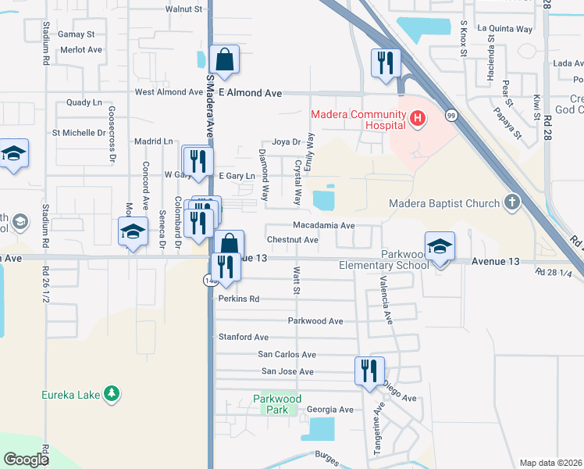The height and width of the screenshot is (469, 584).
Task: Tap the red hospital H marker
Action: pos(418,120)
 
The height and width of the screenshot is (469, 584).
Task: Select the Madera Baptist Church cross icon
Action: pos(511,204)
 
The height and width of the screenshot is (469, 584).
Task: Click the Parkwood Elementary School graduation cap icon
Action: pos(440,245)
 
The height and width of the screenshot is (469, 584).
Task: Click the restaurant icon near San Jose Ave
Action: pos(369,370)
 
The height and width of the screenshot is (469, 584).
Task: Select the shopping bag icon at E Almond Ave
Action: pos(224,59)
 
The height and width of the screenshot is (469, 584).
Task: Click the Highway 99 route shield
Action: pos(450,116)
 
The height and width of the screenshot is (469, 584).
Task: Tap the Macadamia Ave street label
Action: pos(324,225)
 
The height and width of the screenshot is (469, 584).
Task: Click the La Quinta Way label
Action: pos(504,29)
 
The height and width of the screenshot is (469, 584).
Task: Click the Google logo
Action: pos(27,459)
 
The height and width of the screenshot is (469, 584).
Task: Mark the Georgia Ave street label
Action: pos(329,410)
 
